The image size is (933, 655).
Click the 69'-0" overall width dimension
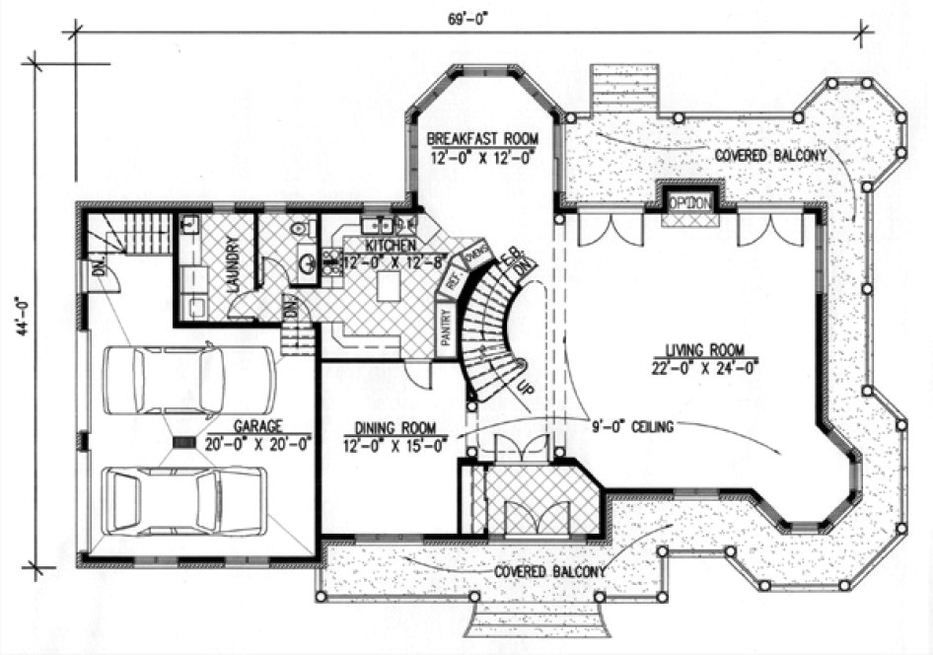click(x=466, y=20)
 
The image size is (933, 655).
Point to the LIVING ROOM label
click(x=704, y=349)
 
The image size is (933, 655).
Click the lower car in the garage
click(x=184, y=501)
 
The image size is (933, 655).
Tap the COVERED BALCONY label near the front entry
click(x=549, y=572)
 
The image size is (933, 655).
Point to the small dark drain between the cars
click(x=183, y=443)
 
